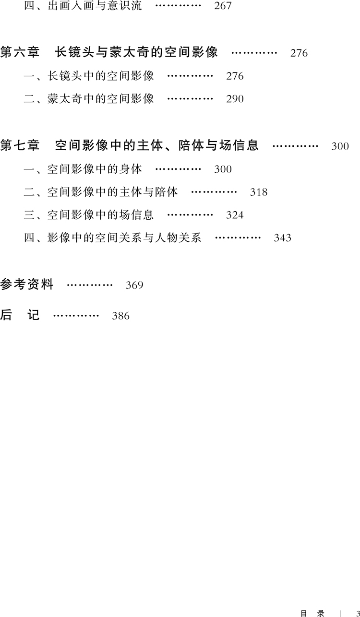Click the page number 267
pos(223,7)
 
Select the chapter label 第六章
pos(20,52)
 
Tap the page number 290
pos(235,99)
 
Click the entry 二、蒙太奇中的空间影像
pos(89,99)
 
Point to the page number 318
pos(259,192)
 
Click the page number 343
pos(282,238)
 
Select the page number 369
pos(134,285)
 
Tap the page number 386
pos(120,316)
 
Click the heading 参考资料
pos(27,285)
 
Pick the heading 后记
pos(20,315)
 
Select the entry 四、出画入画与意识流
pos(83,7)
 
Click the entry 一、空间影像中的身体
pos(83,169)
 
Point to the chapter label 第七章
pos(20,145)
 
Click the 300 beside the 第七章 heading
pos(340,146)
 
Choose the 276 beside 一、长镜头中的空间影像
pos(235,76)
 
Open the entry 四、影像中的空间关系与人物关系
pos(113,237)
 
